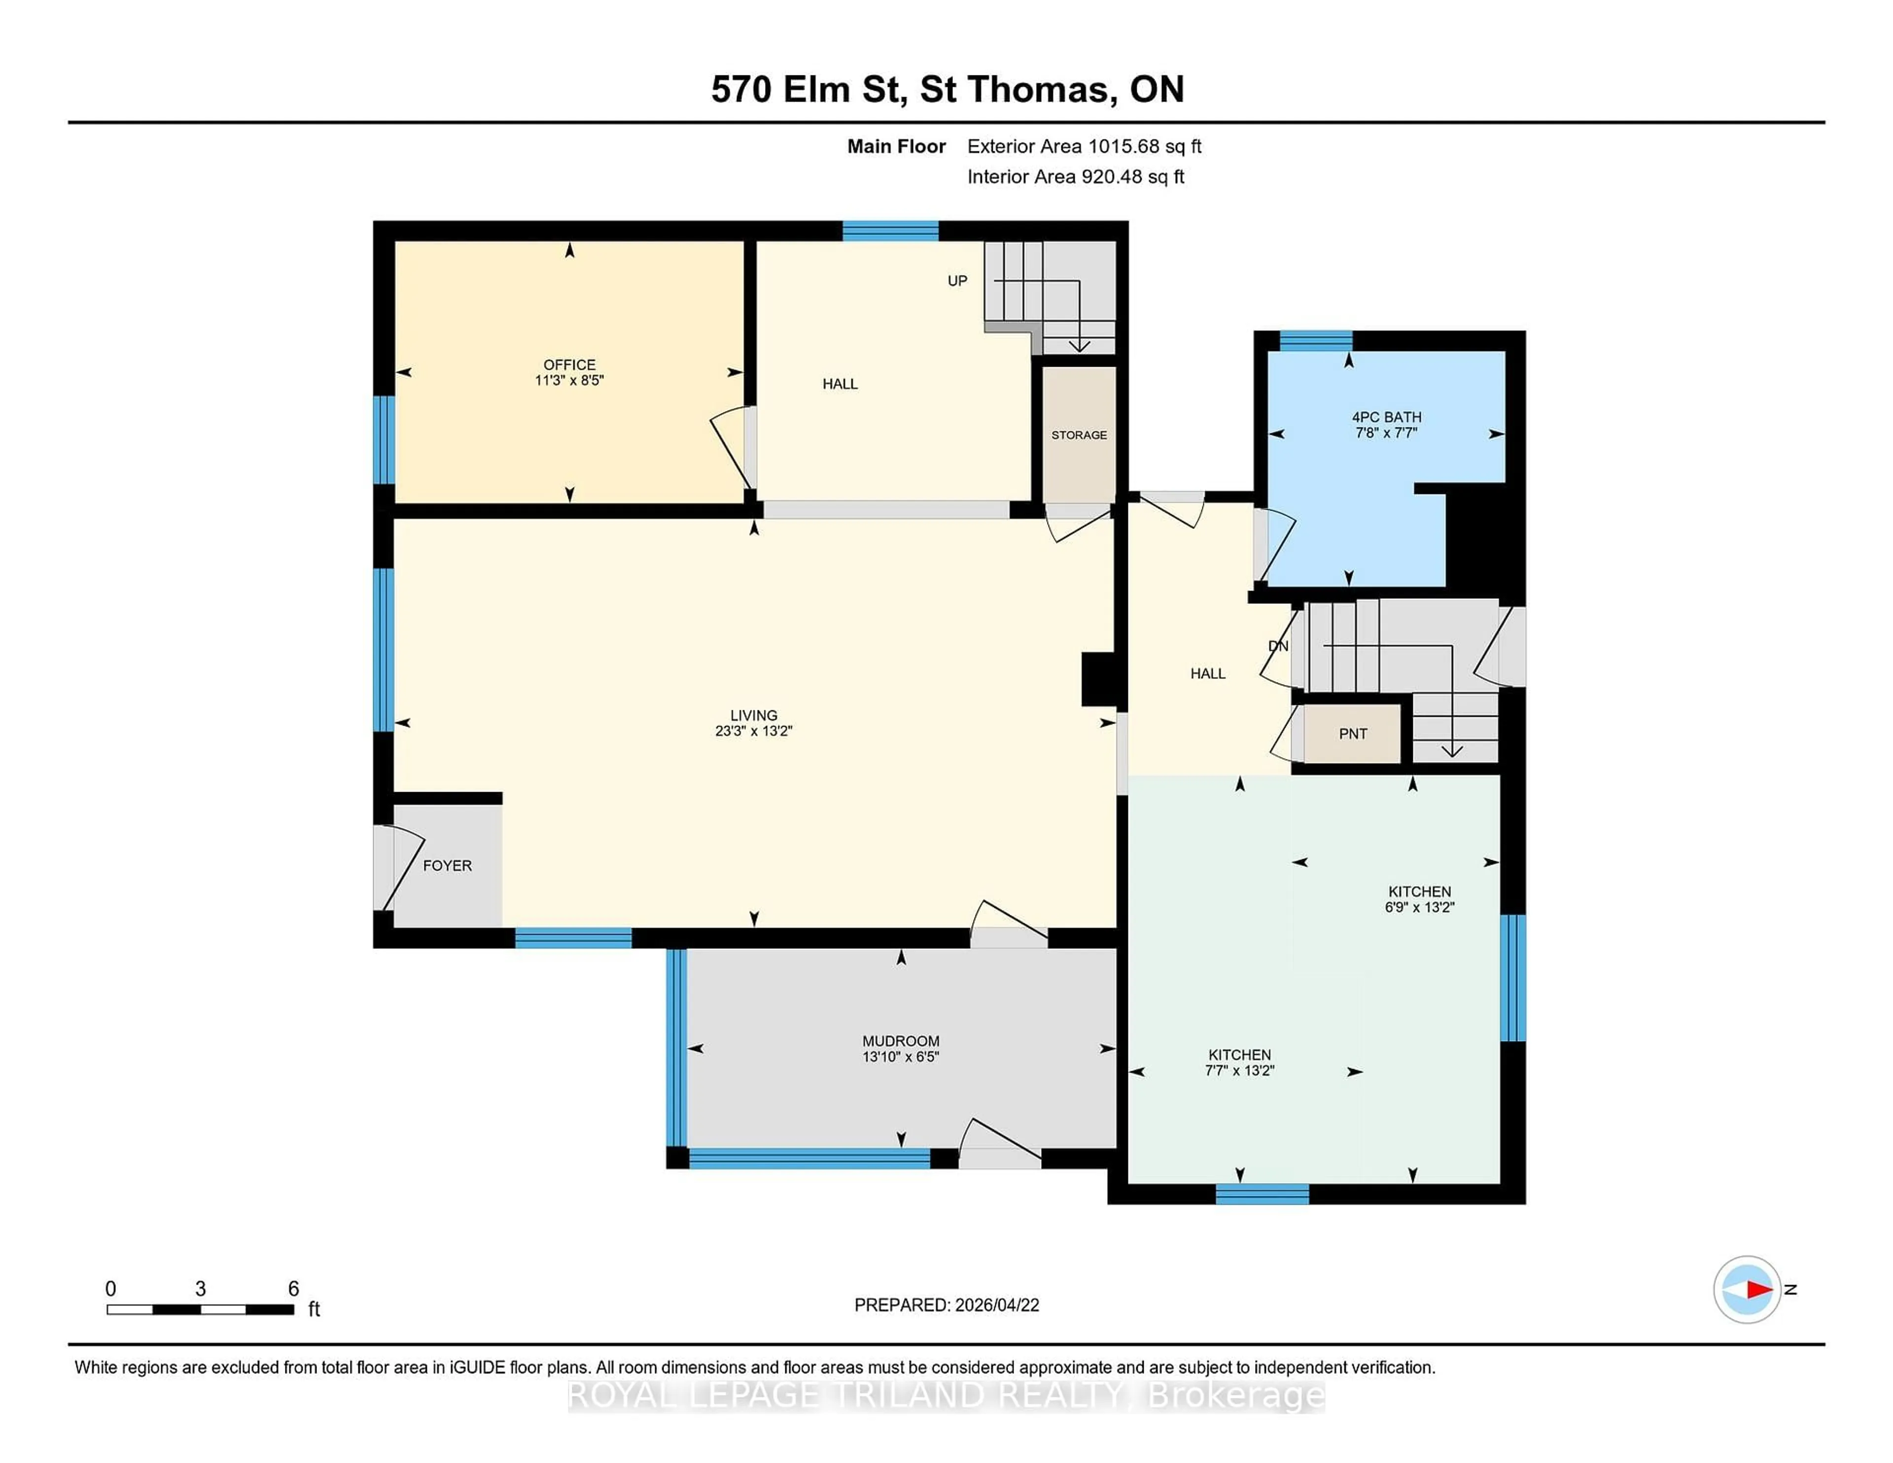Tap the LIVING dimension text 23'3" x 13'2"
(x=753, y=731)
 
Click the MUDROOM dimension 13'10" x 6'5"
(x=901, y=1056)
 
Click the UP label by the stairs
(x=957, y=281)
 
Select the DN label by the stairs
(x=1278, y=646)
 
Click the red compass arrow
(x=1758, y=1289)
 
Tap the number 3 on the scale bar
(x=200, y=1289)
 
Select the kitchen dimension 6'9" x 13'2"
(x=1419, y=907)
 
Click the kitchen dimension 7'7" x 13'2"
(x=1239, y=1070)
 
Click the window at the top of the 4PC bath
(x=1316, y=340)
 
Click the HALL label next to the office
(x=840, y=384)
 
